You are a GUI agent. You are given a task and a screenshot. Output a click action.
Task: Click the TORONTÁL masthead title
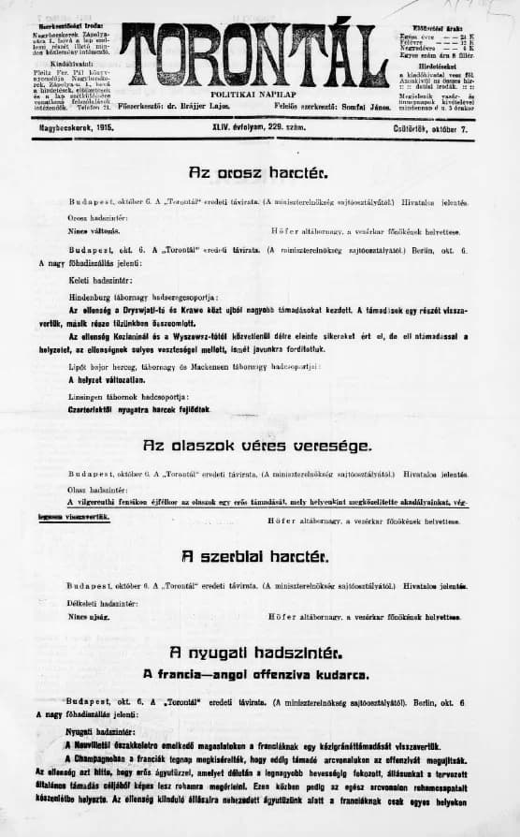[x=253, y=54]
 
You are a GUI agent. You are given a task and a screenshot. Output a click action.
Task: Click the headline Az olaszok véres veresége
[x=257, y=446]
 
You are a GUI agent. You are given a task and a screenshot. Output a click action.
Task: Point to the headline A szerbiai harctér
[x=254, y=556]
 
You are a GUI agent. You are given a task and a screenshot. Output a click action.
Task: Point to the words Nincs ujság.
[x=89, y=617]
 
